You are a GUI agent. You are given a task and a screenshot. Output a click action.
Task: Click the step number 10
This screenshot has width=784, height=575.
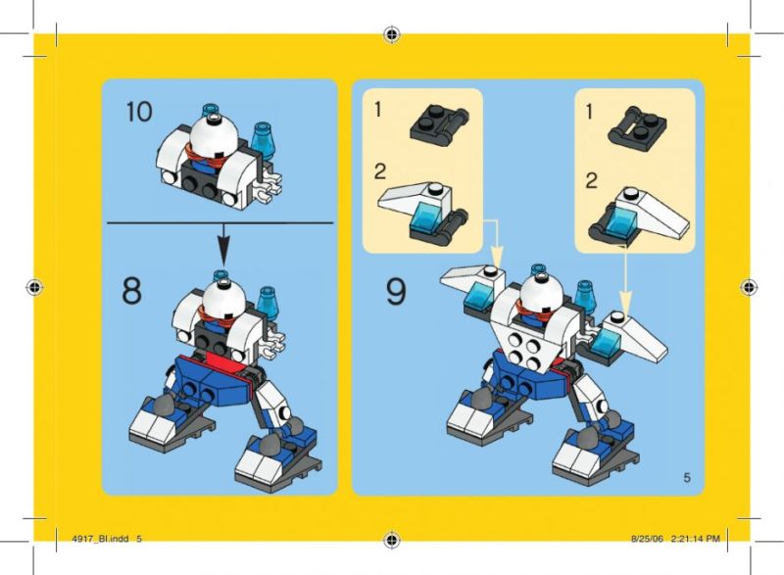(x=138, y=112)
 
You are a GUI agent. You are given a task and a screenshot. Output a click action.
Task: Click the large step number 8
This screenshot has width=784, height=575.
(x=131, y=291)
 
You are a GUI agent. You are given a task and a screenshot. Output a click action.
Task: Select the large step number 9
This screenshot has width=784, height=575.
(x=396, y=292)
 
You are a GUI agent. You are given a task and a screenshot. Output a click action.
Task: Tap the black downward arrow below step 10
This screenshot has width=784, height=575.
(x=223, y=244)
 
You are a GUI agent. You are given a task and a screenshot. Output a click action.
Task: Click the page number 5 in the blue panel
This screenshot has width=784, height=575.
(x=687, y=478)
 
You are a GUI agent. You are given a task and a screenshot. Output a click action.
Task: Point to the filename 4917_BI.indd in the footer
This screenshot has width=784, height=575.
(x=100, y=539)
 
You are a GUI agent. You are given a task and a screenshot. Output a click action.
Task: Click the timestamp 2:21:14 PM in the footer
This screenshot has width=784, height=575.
(x=696, y=539)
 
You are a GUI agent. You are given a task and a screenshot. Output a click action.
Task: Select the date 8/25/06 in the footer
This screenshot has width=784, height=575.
(x=647, y=539)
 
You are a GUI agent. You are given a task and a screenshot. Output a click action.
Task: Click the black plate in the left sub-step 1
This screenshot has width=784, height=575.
(x=439, y=124)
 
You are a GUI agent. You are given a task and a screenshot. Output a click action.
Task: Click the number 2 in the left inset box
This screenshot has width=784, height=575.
(x=380, y=171)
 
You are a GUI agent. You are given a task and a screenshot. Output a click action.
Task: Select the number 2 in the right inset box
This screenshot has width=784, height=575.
(x=592, y=181)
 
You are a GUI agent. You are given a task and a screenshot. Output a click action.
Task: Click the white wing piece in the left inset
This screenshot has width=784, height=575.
(x=415, y=199)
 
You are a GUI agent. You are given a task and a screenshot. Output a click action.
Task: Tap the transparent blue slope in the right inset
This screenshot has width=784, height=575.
(x=621, y=222)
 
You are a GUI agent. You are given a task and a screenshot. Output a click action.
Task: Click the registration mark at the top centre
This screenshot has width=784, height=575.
(x=392, y=34)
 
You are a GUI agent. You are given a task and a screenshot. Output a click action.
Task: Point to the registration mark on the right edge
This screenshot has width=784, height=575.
(x=749, y=287)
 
